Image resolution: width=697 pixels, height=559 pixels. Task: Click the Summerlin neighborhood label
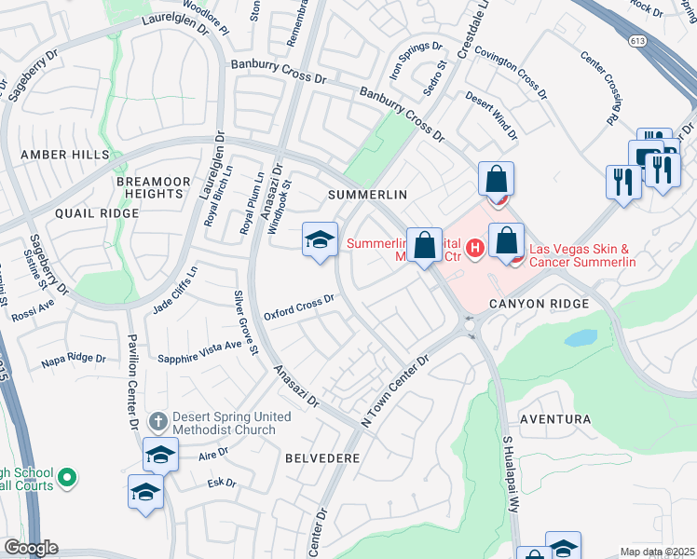[368, 194]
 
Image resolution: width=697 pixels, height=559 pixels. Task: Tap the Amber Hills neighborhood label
[66, 155]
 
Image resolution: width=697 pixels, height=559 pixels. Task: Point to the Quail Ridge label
[97, 213]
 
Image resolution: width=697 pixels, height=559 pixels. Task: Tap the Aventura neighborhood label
[555, 419]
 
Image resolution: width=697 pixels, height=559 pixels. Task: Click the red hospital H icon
[474, 248]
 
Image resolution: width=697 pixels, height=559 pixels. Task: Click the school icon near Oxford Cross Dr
[319, 239]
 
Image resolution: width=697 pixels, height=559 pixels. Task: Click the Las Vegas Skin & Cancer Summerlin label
[581, 256]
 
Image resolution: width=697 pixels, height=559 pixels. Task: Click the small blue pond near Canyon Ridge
[580, 337]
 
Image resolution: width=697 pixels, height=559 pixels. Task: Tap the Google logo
[31, 548]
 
